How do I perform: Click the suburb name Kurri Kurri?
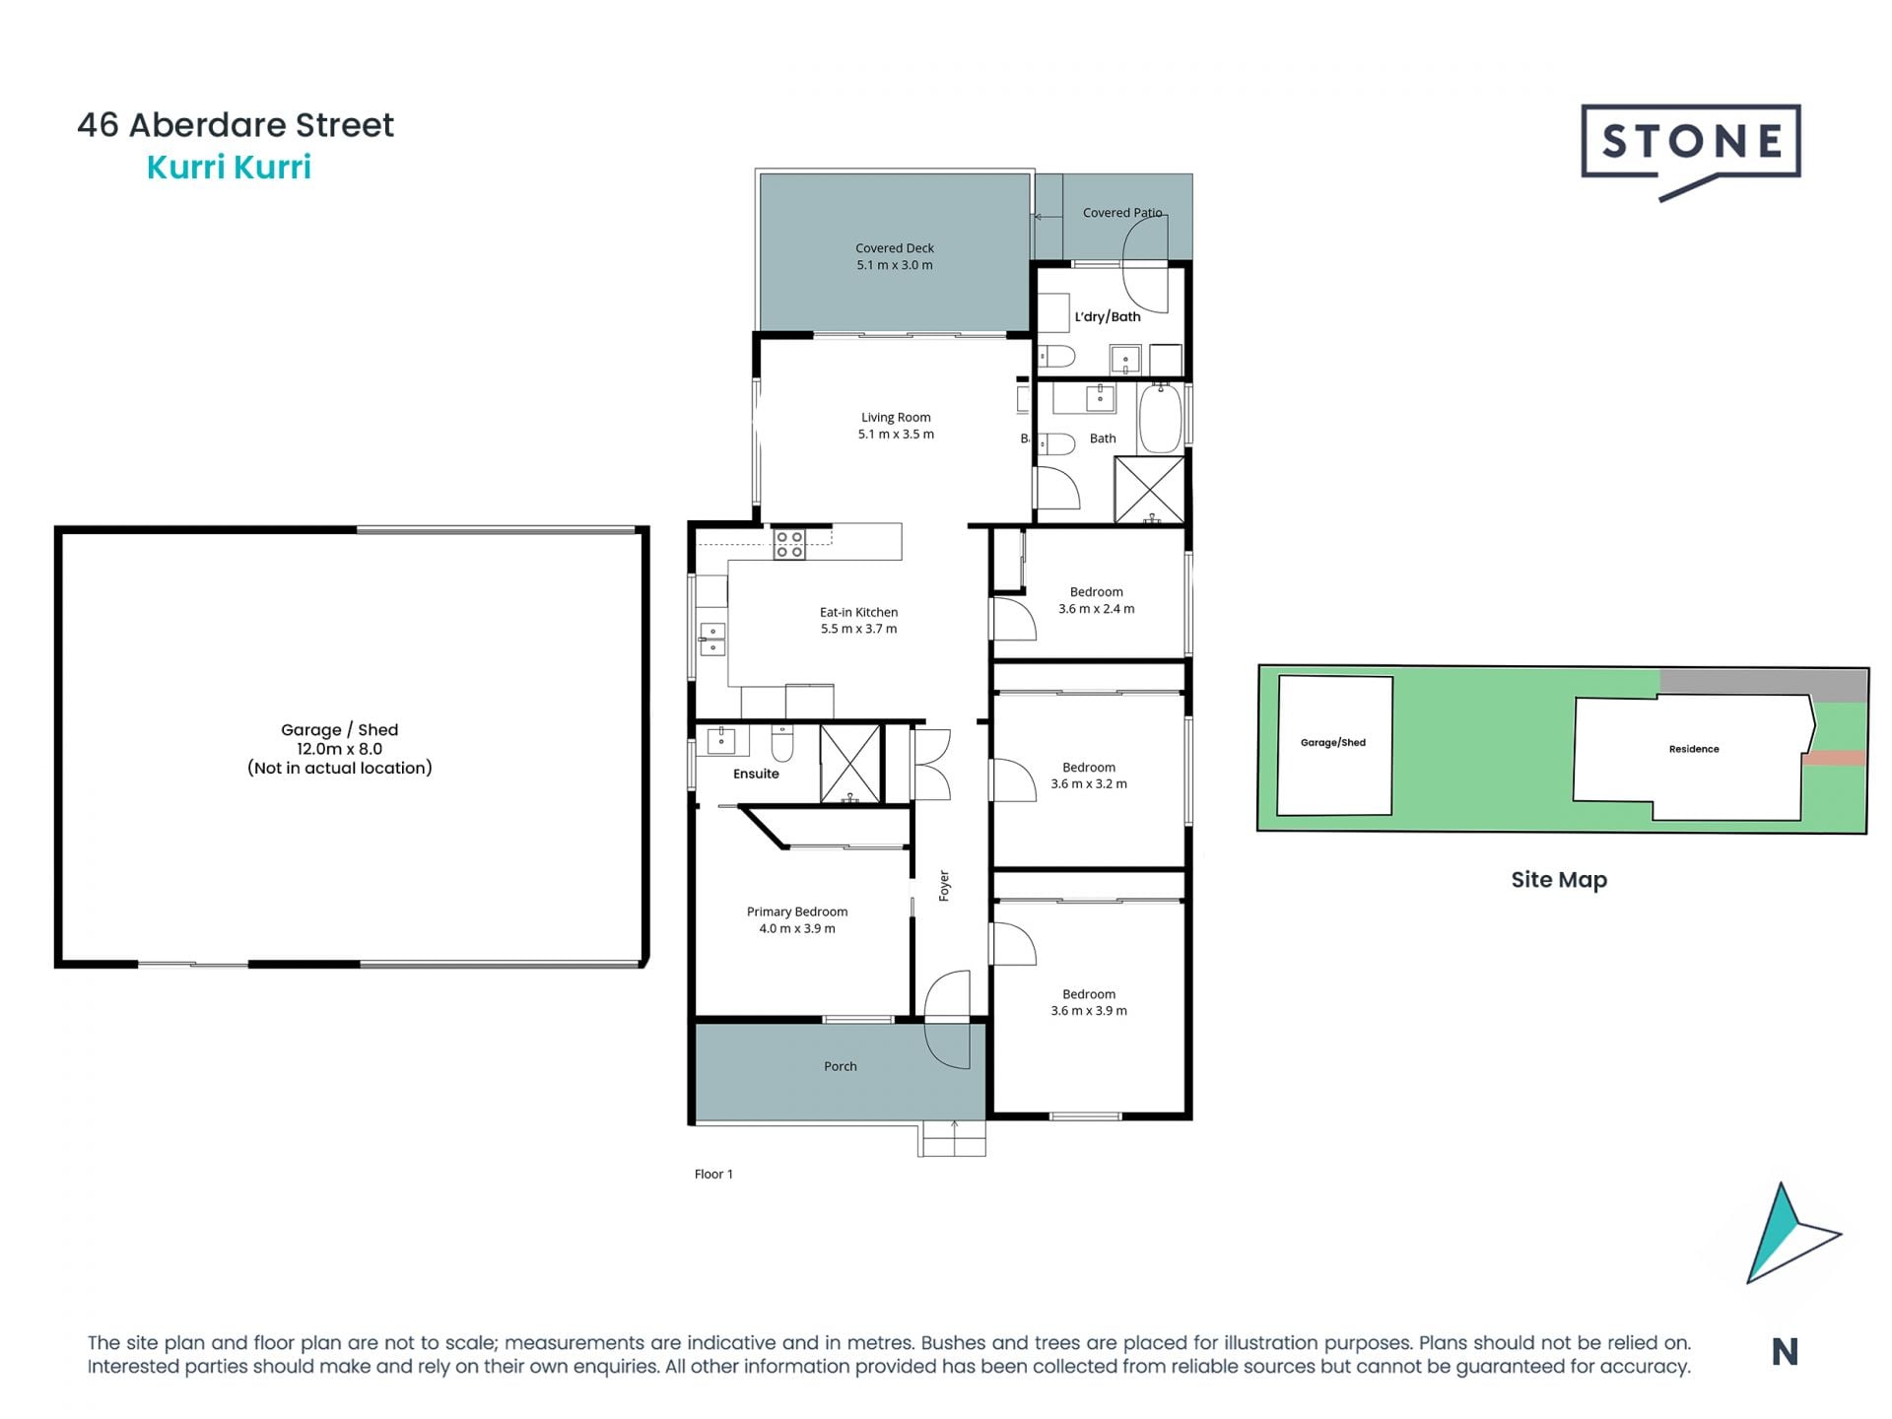click(x=229, y=168)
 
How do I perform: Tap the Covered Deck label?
click(x=894, y=248)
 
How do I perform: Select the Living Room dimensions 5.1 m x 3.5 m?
click(x=895, y=435)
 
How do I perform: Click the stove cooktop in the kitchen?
click(x=788, y=544)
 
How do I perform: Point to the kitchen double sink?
click(x=711, y=639)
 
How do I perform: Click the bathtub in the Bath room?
click(x=1160, y=419)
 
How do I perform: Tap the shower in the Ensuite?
click(x=849, y=764)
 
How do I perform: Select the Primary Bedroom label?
click(x=796, y=912)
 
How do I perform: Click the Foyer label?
click(x=944, y=885)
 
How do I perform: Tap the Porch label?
click(x=840, y=1066)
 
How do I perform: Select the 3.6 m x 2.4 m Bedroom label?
click(x=1096, y=601)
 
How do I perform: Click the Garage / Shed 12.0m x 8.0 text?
click(x=339, y=739)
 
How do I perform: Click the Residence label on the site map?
click(x=1693, y=749)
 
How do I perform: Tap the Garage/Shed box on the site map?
click(x=1333, y=744)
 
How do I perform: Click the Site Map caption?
click(x=1558, y=880)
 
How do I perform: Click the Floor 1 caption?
click(x=713, y=1174)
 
